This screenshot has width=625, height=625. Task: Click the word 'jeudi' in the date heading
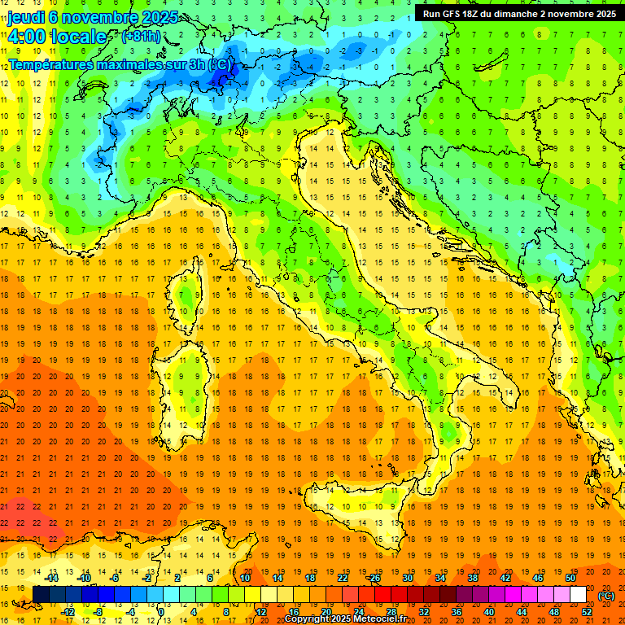(28, 16)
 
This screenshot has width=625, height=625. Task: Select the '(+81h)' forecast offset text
(141, 37)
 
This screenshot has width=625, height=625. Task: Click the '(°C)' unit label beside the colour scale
(605, 596)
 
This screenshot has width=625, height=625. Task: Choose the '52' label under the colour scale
(587, 612)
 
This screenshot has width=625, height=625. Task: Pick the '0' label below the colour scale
(161, 612)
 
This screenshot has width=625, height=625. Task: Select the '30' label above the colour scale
(407, 578)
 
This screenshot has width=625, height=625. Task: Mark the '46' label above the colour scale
(537, 578)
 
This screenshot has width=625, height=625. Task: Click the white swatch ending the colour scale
(578, 595)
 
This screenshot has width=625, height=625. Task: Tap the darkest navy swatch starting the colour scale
(41, 595)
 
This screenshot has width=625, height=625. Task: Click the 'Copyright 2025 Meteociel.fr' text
(346, 619)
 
